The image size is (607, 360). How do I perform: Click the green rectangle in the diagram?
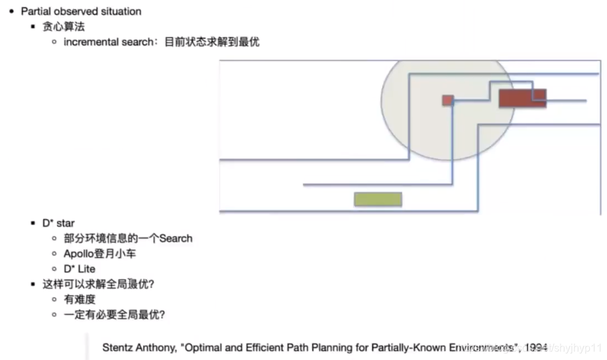pos(378,199)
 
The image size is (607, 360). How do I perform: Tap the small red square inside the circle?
pos(448,100)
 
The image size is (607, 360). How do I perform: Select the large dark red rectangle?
pos(522,98)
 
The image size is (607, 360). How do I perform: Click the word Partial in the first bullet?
pos(36,11)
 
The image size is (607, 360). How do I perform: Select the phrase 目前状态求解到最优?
pos(211,42)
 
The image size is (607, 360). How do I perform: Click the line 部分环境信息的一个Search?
pos(128,239)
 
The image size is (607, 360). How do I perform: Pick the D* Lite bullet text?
pos(79,269)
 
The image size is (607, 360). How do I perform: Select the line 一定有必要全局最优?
pos(114,315)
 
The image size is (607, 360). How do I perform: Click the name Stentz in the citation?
pos(117,347)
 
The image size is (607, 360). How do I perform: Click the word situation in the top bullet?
pos(120,11)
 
